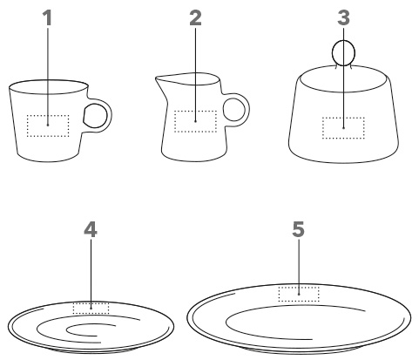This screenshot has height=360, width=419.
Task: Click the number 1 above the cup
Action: pos(48,18)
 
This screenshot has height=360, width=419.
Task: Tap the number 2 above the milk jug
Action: pos(195,18)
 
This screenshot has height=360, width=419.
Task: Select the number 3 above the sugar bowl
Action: pos(343,18)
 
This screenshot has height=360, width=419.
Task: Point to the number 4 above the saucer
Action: pos(91,229)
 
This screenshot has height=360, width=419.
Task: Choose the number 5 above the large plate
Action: pos(299,229)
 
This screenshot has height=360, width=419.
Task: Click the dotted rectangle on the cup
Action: pos(27,126)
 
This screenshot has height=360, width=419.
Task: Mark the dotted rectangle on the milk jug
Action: pos(174,121)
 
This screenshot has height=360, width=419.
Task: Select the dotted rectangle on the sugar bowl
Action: pos(322,128)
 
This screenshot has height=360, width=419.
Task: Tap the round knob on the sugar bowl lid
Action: pos(343,53)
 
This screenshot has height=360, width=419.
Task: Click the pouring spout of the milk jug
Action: pos(159,81)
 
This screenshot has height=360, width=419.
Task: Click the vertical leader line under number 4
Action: pos(91,274)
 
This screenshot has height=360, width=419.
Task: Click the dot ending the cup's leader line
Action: pos(48,126)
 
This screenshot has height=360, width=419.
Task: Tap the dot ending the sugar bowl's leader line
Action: pos(344,128)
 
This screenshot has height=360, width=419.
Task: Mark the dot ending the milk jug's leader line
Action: pos(195,121)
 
